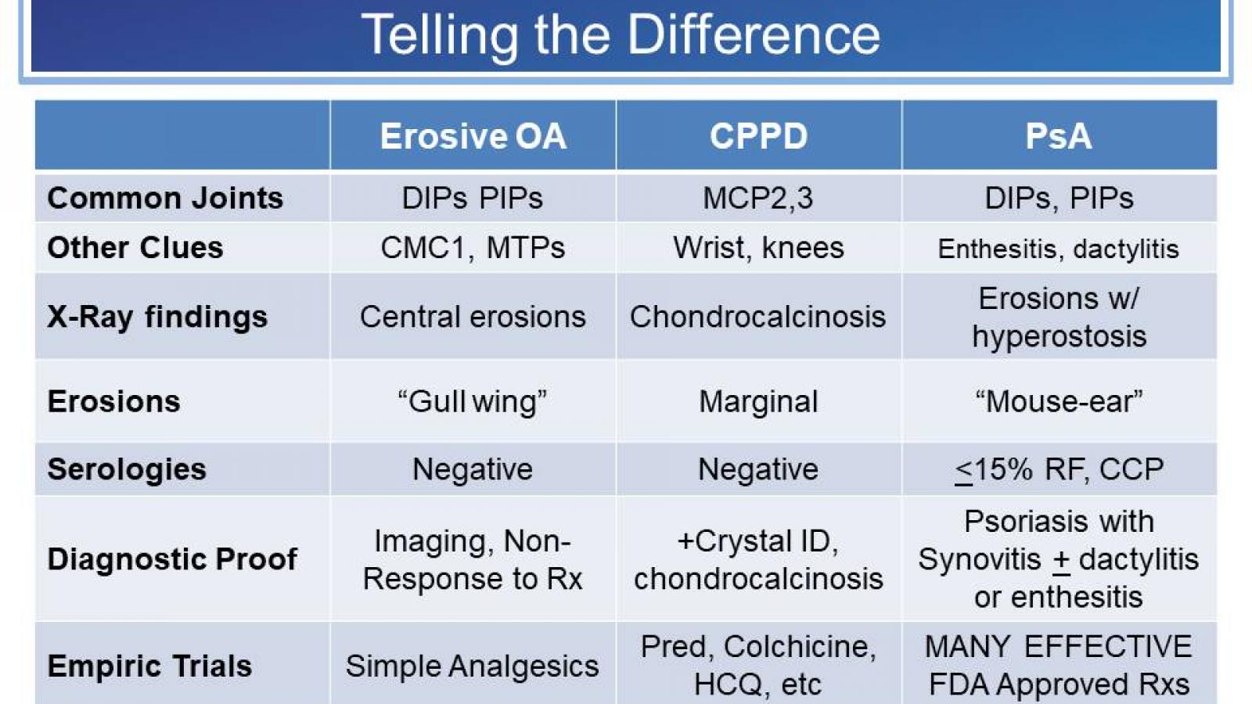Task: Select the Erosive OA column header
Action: pos(473,136)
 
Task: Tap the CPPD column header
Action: pos(758,136)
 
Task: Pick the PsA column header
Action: pos(1058,136)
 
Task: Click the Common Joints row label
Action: pos(165,198)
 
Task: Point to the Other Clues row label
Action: pos(135,247)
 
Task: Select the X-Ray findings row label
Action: pos(157,317)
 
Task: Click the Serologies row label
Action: pos(127,469)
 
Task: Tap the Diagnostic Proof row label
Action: pos(172,559)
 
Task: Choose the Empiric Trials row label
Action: pos(149,666)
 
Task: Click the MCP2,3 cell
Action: pos(757,198)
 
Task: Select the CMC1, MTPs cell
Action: pos(473,247)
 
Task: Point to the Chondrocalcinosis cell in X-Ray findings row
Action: pos(757,317)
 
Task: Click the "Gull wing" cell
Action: pos(473,401)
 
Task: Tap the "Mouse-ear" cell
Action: pos(1059,401)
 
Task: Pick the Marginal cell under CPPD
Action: pos(757,401)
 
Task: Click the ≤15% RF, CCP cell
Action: pos(1059,469)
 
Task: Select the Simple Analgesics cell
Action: pos(473,666)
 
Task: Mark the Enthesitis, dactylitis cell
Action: pos(1059,249)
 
